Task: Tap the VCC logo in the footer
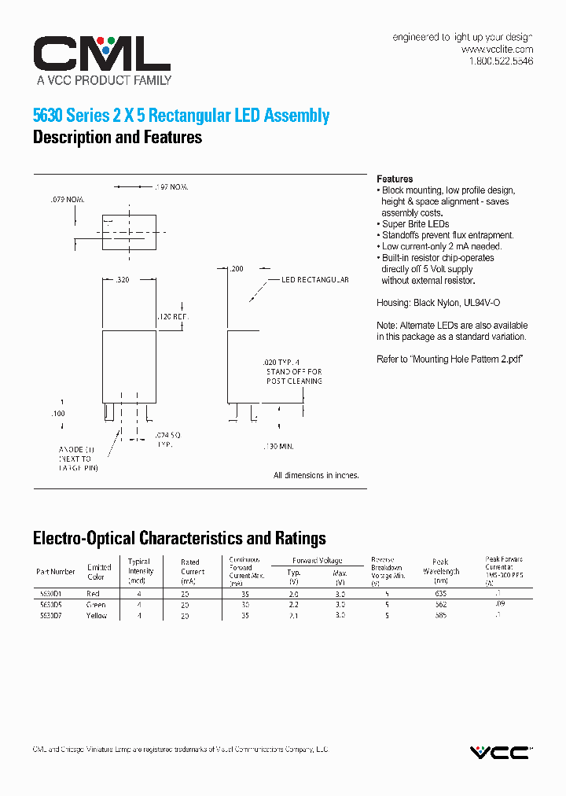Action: tap(499, 753)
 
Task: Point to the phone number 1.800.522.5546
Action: tap(501, 61)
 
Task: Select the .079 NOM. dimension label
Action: tap(67, 199)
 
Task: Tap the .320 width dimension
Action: tap(122, 279)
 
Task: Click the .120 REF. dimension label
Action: tap(173, 316)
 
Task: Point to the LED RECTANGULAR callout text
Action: tap(314, 280)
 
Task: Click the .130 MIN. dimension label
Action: tap(278, 446)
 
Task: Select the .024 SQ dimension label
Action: tap(168, 434)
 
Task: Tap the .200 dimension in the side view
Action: tap(236, 268)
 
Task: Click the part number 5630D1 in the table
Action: tap(50, 593)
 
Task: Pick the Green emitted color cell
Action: tap(96, 605)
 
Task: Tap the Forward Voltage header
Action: tap(317, 560)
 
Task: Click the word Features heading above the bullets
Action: tap(395, 179)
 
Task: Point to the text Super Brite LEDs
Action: tap(415, 224)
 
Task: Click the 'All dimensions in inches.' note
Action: tap(316, 475)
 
